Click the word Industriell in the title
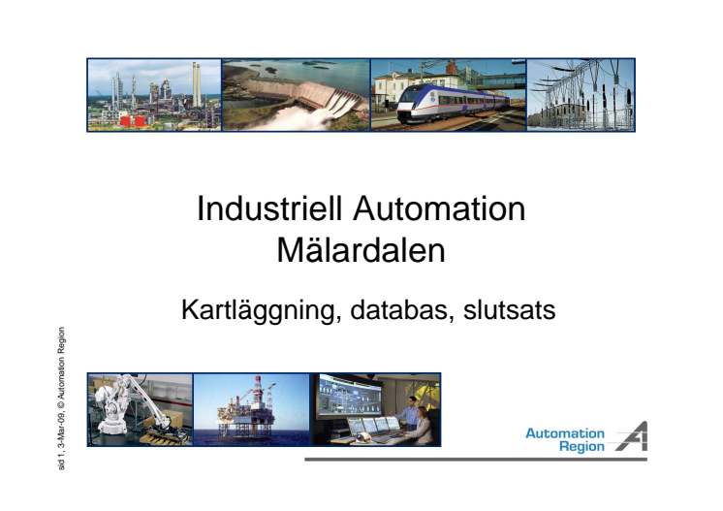click(269, 208)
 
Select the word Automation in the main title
click(439, 208)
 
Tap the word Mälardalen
click(361, 250)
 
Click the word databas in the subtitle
click(399, 310)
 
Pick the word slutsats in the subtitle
click(509, 310)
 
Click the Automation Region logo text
click(565, 440)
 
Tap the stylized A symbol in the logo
click(632, 436)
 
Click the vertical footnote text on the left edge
click(61, 399)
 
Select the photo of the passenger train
click(449, 95)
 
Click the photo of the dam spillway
click(296, 95)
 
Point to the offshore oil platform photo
click(251, 409)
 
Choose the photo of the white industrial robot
click(141, 409)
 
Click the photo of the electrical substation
click(581, 95)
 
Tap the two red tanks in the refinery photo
click(133, 121)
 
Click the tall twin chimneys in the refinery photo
click(197, 85)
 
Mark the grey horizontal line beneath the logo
click(476, 460)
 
